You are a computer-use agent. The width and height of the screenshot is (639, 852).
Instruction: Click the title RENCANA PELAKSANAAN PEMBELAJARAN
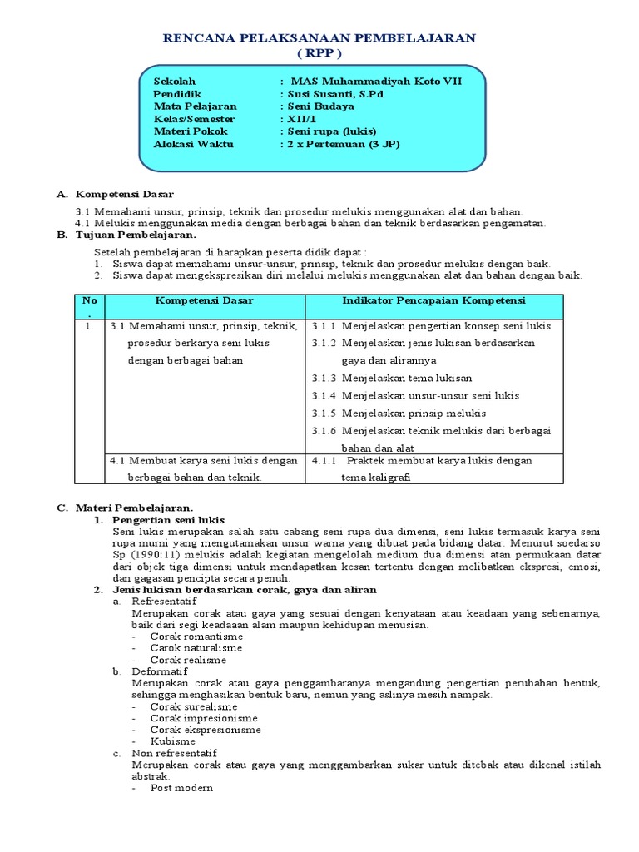(319, 38)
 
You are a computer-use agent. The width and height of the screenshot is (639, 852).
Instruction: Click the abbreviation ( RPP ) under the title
(319, 52)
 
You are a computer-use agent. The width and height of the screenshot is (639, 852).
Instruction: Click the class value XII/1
(300, 119)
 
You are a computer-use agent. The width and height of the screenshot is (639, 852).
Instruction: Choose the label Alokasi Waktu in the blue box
(194, 144)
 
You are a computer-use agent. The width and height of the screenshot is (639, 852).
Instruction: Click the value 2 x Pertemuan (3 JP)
(341, 144)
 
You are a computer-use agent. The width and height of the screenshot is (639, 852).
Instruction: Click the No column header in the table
(89, 300)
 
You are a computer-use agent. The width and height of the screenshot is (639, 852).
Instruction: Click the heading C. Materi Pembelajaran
(125, 507)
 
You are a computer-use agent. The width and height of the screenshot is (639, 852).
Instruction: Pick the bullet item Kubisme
(172, 741)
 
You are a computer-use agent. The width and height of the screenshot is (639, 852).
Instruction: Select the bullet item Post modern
(181, 787)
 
